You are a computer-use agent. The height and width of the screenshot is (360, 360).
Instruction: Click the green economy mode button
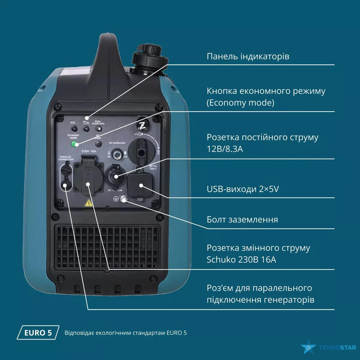click(74, 144)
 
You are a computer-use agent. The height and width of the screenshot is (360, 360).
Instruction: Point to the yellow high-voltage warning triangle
click(88, 203)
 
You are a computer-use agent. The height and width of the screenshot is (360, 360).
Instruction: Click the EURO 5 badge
click(38, 332)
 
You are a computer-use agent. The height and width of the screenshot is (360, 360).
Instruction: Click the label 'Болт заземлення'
click(242, 220)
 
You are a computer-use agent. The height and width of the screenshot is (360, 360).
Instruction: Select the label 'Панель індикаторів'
click(248, 56)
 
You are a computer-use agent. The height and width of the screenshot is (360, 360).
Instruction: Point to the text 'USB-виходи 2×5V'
click(242, 189)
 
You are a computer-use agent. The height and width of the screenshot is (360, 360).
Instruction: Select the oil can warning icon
click(86, 122)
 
